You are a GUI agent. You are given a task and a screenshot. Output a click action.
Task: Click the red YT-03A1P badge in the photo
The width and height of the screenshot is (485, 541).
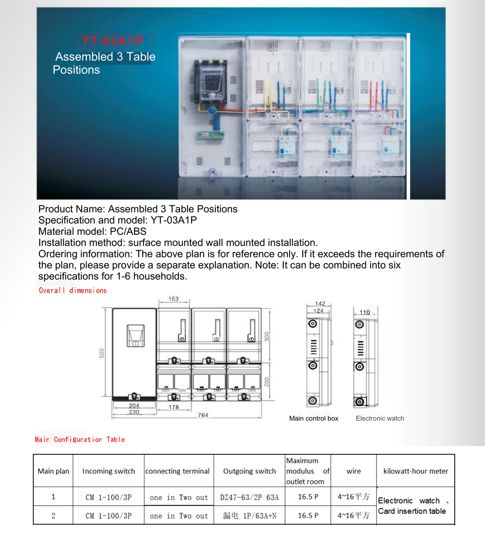click(x=113, y=41)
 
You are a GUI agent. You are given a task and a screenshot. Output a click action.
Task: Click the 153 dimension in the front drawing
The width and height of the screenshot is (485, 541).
click(x=173, y=299)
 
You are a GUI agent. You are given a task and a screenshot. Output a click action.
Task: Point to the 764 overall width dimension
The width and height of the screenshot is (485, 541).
click(x=203, y=415)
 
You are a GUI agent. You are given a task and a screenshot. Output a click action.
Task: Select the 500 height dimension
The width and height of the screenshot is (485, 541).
click(x=102, y=353)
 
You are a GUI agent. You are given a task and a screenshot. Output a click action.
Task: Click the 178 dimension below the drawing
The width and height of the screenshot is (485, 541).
click(x=174, y=407)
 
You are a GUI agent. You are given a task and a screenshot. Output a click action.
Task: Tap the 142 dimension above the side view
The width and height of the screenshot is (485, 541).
click(x=320, y=303)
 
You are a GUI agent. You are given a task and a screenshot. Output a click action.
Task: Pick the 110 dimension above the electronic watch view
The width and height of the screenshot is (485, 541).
click(x=365, y=312)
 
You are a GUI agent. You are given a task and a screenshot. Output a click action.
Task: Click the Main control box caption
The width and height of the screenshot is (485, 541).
click(x=314, y=419)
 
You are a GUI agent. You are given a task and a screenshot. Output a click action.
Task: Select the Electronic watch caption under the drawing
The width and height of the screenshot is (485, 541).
click(x=380, y=419)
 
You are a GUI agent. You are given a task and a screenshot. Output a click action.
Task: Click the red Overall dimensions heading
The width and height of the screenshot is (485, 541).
click(x=73, y=290)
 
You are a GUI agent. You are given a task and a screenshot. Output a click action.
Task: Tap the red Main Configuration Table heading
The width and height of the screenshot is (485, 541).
click(x=80, y=440)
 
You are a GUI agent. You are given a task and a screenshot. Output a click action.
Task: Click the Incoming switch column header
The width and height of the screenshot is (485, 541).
click(x=109, y=471)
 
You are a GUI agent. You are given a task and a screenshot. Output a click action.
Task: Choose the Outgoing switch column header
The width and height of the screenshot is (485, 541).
click(x=249, y=471)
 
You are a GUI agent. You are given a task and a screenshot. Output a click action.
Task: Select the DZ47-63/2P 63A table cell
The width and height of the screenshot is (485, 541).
click(x=249, y=497)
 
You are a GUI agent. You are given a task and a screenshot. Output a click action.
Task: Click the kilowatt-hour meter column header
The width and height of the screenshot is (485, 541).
click(x=415, y=471)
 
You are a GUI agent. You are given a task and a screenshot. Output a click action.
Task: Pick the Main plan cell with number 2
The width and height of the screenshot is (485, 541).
click(x=53, y=516)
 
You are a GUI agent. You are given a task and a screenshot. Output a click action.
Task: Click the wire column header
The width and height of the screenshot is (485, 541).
click(x=354, y=471)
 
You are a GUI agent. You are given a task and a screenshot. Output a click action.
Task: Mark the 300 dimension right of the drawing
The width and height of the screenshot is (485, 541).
click(x=267, y=337)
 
